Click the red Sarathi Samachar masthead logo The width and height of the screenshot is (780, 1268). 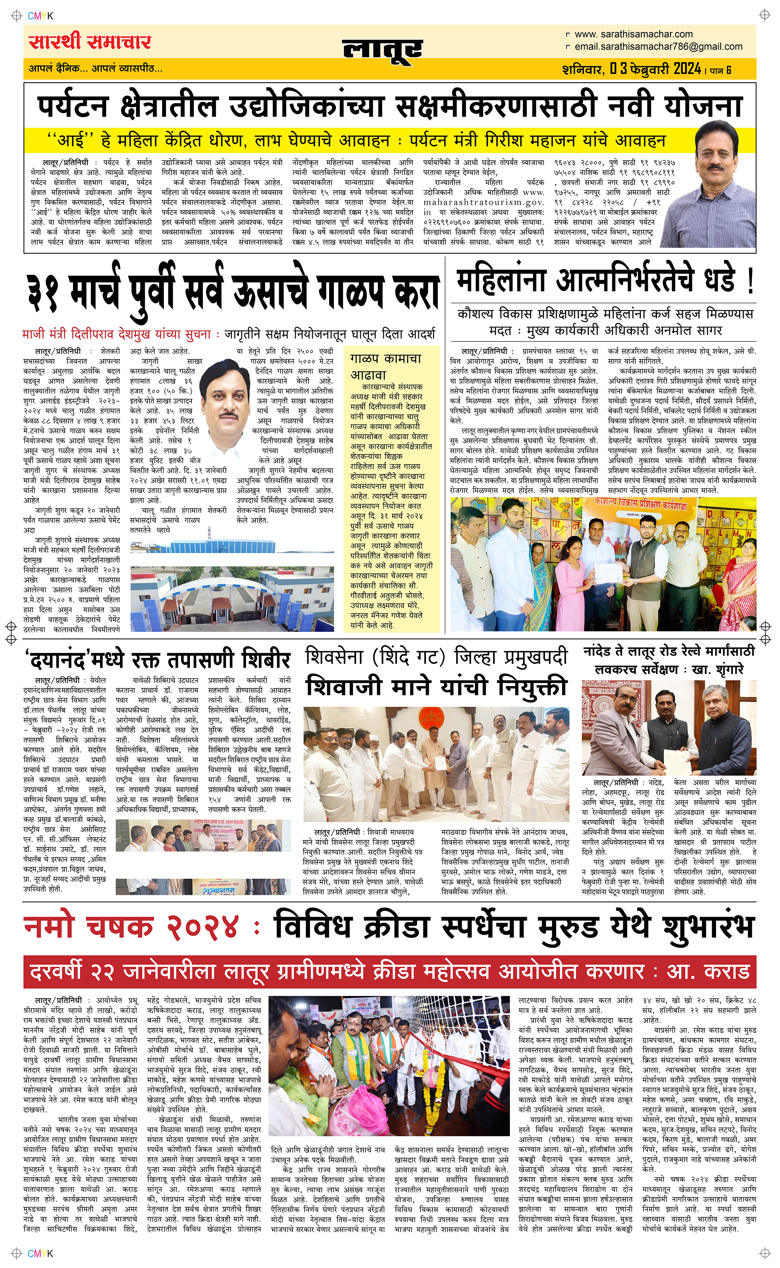click(90, 42)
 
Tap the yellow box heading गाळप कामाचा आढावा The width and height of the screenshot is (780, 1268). click(385, 366)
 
